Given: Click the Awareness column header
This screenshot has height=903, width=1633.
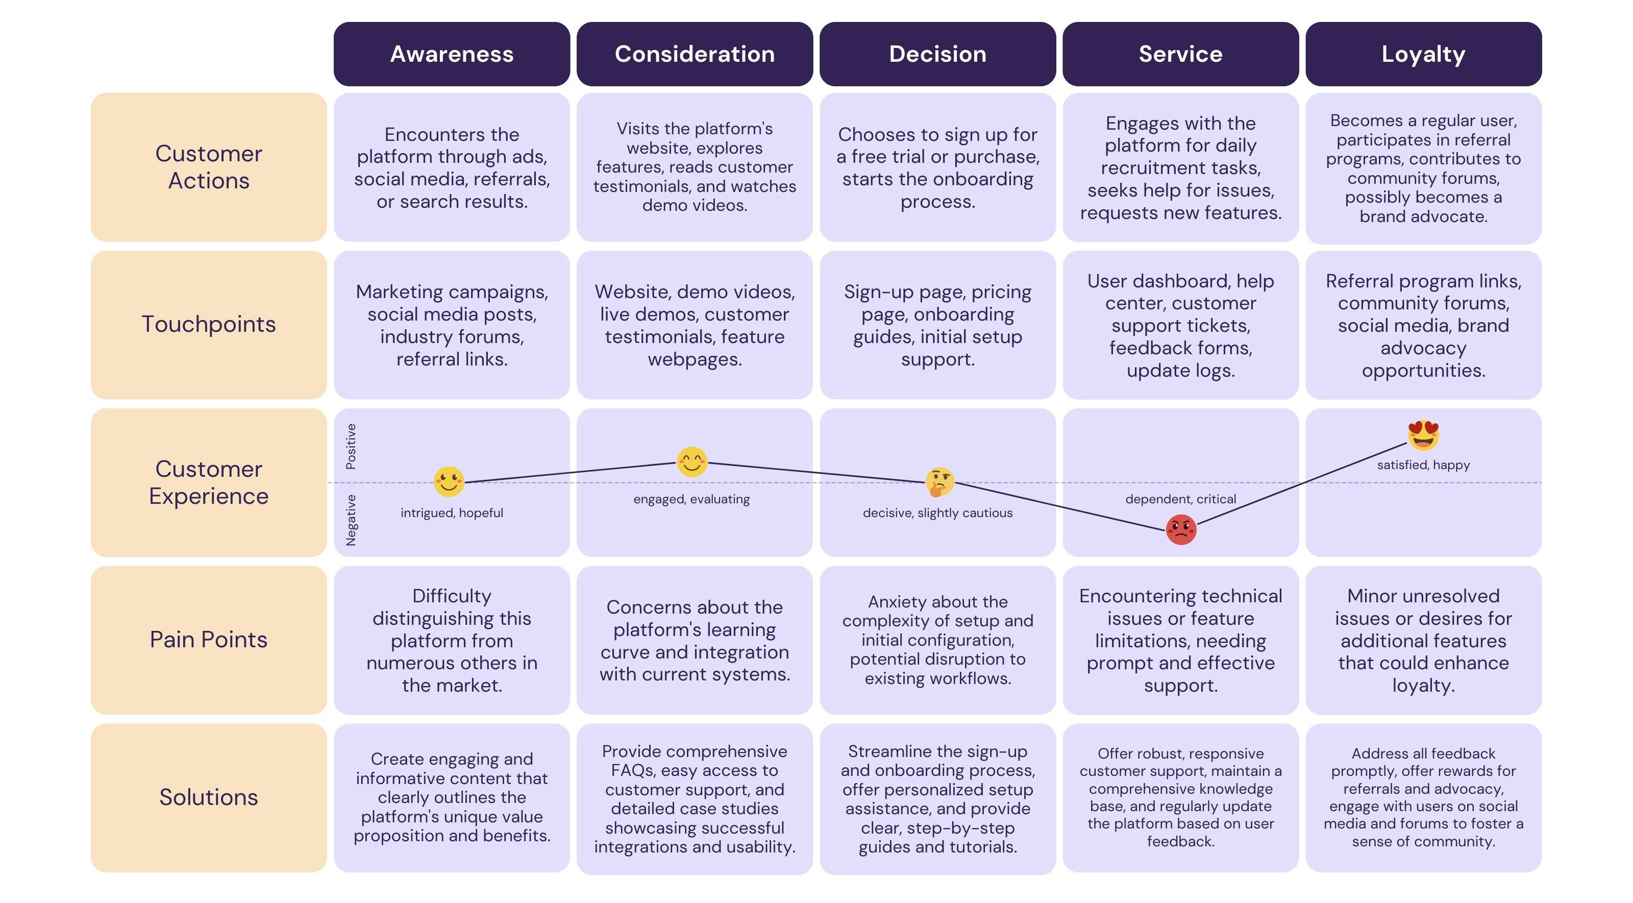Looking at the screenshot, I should click(x=451, y=54).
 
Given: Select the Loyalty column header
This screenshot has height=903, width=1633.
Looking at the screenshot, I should click(x=1423, y=54).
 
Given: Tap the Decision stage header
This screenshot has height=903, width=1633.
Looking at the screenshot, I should click(x=937, y=54).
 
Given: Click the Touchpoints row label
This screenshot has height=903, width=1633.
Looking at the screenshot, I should click(x=209, y=324).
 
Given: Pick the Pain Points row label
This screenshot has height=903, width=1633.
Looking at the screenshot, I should click(x=209, y=639).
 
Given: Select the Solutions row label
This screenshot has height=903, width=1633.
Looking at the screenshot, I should click(x=209, y=797).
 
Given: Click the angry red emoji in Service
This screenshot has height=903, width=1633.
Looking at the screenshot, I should click(x=1181, y=529).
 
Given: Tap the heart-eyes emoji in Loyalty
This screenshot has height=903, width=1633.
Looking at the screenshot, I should click(x=1423, y=435).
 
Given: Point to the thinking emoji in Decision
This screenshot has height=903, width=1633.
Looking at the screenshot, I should click(x=939, y=482).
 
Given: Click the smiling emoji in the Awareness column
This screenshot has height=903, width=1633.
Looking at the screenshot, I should click(x=449, y=481).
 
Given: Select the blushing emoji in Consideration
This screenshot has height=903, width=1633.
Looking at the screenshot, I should click(x=691, y=461).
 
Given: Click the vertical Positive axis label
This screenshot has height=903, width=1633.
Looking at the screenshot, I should click(x=351, y=447).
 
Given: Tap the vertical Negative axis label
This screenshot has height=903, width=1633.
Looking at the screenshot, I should click(x=351, y=520).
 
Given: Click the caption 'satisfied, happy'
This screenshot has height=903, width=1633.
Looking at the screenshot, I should click(x=1423, y=465).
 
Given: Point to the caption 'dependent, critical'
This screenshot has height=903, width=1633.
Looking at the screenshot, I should click(x=1180, y=499).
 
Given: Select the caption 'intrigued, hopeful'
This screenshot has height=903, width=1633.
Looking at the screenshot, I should click(x=451, y=513).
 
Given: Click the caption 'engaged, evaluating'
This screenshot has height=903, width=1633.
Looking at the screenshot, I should click(x=691, y=499).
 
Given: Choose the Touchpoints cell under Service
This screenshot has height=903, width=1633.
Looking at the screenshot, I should click(x=1180, y=325).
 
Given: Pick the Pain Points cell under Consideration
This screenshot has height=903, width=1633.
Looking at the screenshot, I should click(x=694, y=641).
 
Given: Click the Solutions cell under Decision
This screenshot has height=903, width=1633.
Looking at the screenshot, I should click(x=937, y=798).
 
